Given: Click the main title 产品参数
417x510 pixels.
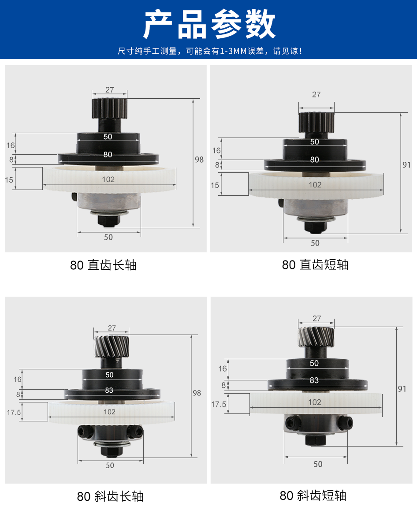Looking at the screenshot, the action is pyautogui.click(x=209, y=24).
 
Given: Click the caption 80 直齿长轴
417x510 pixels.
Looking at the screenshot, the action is pyautogui.click(x=104, y=265).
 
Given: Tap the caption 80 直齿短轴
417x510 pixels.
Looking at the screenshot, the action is pyautogui.click(x=315, y=265).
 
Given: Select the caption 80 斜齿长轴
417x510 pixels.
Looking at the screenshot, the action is pyautogui.click(x=110, y=496).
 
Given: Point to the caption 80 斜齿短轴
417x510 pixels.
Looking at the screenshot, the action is pyautogui.click(x=313, y=496).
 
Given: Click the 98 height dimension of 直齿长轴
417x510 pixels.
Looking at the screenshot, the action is pyautogui.click(x=199, y=160).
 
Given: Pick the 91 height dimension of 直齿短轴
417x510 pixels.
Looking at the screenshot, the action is pyautogui.click(x=406, y=165).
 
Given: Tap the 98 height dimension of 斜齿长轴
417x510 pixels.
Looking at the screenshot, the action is pyautogui.click(x=197, y=393).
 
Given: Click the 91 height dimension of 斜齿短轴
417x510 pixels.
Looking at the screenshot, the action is pyautogui.click(x=402, y=389).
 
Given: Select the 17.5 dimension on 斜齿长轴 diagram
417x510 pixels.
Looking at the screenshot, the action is pyautogui.click(x=14, y=413).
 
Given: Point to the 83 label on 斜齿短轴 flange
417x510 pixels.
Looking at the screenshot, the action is pyautogui.click(x=314, y=380).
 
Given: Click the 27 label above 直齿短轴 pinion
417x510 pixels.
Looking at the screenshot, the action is pyautogui.click(x=316, y=95).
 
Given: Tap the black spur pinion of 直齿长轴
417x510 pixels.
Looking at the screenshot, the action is pyautogui.click(x=109, y=108).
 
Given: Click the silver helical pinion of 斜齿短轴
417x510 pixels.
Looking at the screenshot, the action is pyautogui.click(x=316, y=337).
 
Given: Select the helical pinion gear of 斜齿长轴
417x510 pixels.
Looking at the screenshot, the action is pyautogui.click(x=112, y=347).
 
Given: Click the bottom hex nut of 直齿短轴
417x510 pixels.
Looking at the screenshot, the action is pyautogui.click(x=315, y=227).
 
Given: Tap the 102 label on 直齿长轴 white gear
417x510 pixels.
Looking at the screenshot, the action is pyautogui.click(x=108, y=179).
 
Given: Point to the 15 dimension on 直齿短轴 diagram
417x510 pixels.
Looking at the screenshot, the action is pyautogui.click(x=215, y=186).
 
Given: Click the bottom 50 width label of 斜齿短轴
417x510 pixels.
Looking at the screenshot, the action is pyautogui.click(x=318, y=464).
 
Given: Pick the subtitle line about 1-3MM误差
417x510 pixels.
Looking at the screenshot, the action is pyautogui.click(x=210, y=51).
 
